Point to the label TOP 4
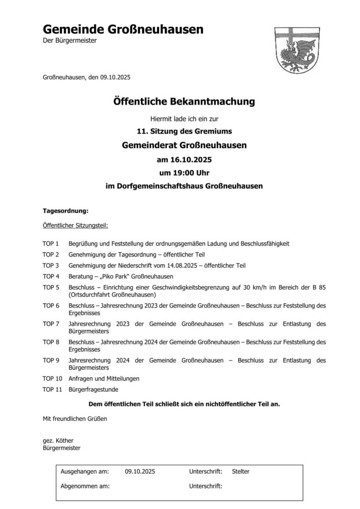click(x=51, y=276)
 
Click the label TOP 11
click(x=53, y=389)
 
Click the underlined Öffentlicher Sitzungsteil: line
click(x=76, y=225)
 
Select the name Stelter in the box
click(x=241, y=471)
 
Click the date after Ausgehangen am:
click(x=140, y=471)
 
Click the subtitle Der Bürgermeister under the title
click(x=70, y=40)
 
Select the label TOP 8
click(x=51, y=342)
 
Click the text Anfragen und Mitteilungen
click(x=104, y=378)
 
